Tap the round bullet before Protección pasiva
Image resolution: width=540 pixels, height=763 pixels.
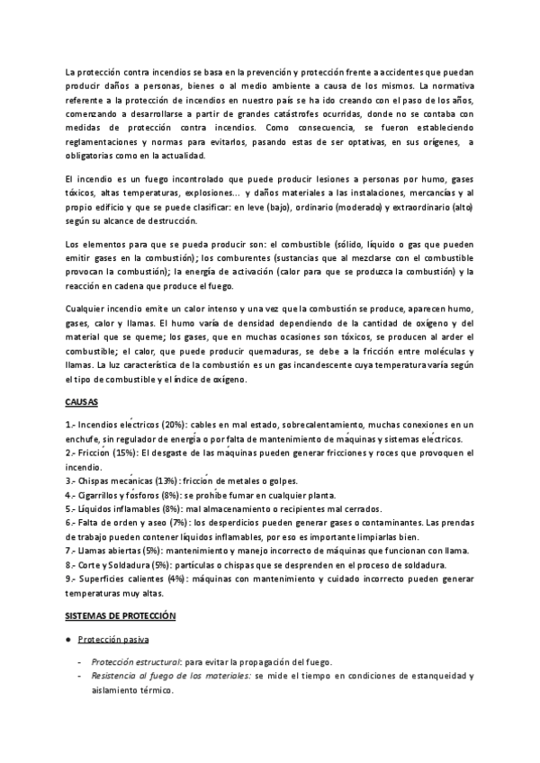[x=68, y=638]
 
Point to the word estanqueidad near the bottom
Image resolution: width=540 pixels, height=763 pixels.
[x=433, y=674]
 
